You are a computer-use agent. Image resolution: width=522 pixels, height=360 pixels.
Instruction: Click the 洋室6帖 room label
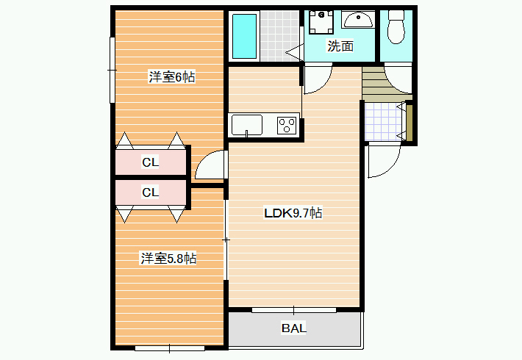(x=172, y=77)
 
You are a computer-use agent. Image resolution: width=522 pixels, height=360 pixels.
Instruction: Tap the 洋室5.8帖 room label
(x=168, y=258)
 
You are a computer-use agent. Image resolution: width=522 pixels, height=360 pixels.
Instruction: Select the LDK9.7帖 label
(x=293, y=212)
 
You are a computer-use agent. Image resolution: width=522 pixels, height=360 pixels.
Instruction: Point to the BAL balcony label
(x=294, y=328)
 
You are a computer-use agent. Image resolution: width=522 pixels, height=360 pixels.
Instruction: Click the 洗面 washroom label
(x=340, y=46)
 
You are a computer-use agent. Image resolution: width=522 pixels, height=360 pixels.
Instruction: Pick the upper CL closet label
(x=151, y=162)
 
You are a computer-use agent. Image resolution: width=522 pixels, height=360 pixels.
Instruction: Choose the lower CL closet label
(x=151, y=192)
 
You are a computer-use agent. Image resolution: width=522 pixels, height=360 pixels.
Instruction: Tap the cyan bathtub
(x=244, y=36)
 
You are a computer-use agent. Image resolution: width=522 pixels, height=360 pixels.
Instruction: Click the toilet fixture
(x=396, y=26)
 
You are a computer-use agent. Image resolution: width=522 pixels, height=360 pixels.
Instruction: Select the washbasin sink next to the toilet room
(x=358, y=20)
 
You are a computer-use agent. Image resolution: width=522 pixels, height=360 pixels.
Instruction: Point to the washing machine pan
(x=321, y=22)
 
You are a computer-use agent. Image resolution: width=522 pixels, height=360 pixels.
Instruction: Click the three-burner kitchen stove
(x=287, y=126)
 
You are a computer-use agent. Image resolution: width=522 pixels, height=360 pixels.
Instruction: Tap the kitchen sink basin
(x=247, y=125)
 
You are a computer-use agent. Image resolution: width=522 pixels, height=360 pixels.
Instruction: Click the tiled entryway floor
(x=383, y=121)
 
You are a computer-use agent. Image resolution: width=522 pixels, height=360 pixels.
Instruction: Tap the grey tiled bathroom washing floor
(x=279, y=36)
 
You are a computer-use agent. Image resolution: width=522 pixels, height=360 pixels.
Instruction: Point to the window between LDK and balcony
(x=293, y=310)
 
